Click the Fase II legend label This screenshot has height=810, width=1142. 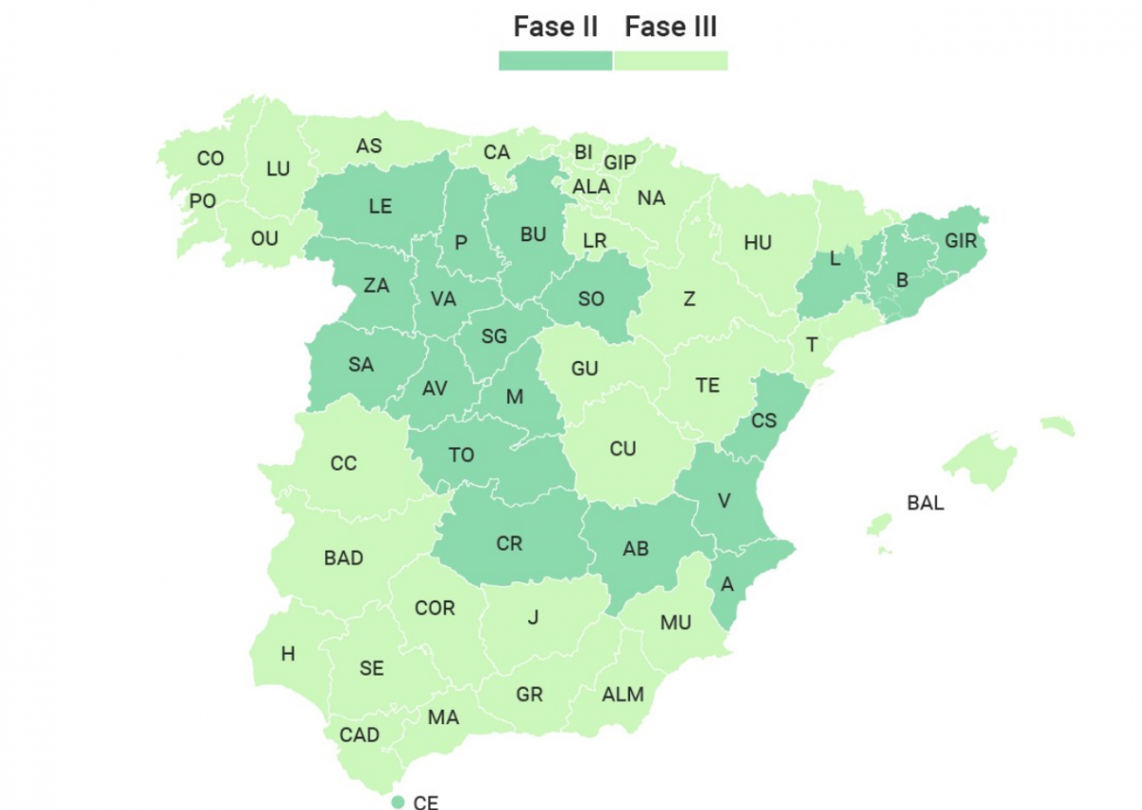point(556,27)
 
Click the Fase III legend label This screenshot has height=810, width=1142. point(671,27)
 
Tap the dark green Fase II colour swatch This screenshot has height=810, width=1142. point(556,60)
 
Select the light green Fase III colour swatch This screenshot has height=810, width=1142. point(671,60)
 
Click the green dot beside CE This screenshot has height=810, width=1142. point(398,802)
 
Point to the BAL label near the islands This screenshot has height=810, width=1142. point(926,503)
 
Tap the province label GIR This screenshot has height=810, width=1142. point(961,241)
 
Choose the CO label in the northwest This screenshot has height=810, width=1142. point(211,159)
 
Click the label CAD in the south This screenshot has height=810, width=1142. point(359,735)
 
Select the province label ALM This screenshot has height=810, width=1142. point(622,695)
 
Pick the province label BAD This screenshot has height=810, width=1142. point(344,558)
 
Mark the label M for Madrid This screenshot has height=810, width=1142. point(515,397)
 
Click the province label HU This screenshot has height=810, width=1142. point(758,243)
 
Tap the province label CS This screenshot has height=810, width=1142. point(764,420)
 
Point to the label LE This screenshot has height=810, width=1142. point(380,207)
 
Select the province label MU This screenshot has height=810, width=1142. point(676,623)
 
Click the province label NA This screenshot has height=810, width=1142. point(652,198)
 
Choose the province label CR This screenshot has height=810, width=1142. point(510,543)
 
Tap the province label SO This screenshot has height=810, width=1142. point(591,299)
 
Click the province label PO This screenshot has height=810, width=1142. point(203,201)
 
